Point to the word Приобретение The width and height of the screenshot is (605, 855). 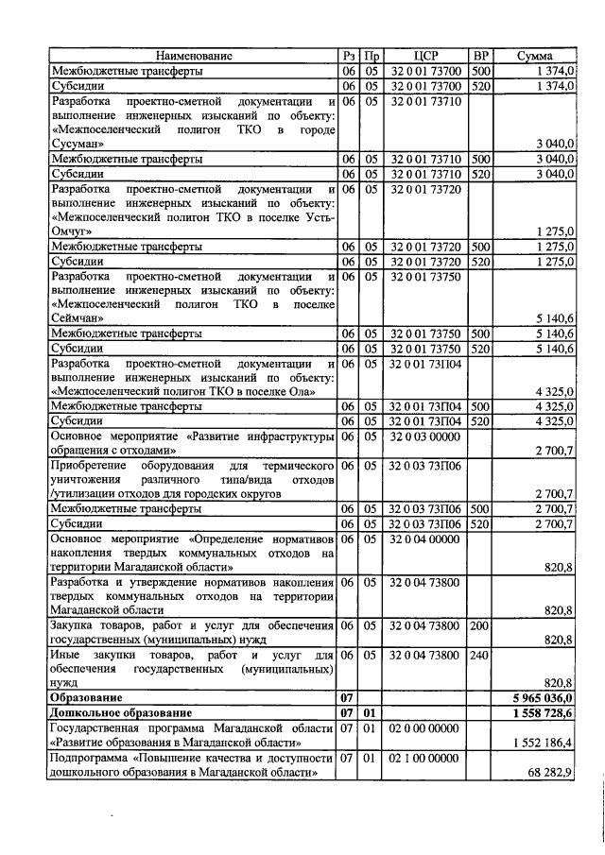(93, 467)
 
